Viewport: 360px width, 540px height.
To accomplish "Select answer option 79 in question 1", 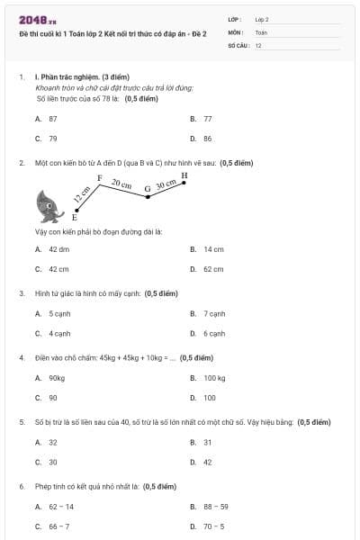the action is (x=53, y=139).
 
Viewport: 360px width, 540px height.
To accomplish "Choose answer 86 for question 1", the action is (x=208, y=139).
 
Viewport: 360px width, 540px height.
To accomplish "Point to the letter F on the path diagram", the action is (x=99, y=178).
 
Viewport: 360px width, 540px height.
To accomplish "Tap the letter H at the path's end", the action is (x=184, y=175).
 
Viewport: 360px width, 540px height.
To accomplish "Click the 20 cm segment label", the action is (x=121, y=184).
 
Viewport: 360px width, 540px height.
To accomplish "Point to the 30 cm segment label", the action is (x=166, y=185).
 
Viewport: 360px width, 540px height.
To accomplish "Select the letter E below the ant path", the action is (x=74, y=218).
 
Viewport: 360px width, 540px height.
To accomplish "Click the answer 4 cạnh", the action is (x=59, y=333).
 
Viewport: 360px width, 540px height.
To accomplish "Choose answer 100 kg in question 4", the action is (x=214, y=378).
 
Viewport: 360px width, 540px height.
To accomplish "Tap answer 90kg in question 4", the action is (x=57, y=378).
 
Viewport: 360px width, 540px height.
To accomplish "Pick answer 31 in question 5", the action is (x=208, y=442).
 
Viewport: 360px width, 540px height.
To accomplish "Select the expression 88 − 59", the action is (x=216, y=507).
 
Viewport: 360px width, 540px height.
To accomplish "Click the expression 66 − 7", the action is (x=58, y=526).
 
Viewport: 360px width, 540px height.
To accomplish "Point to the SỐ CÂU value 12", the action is (x=259, y=45).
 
